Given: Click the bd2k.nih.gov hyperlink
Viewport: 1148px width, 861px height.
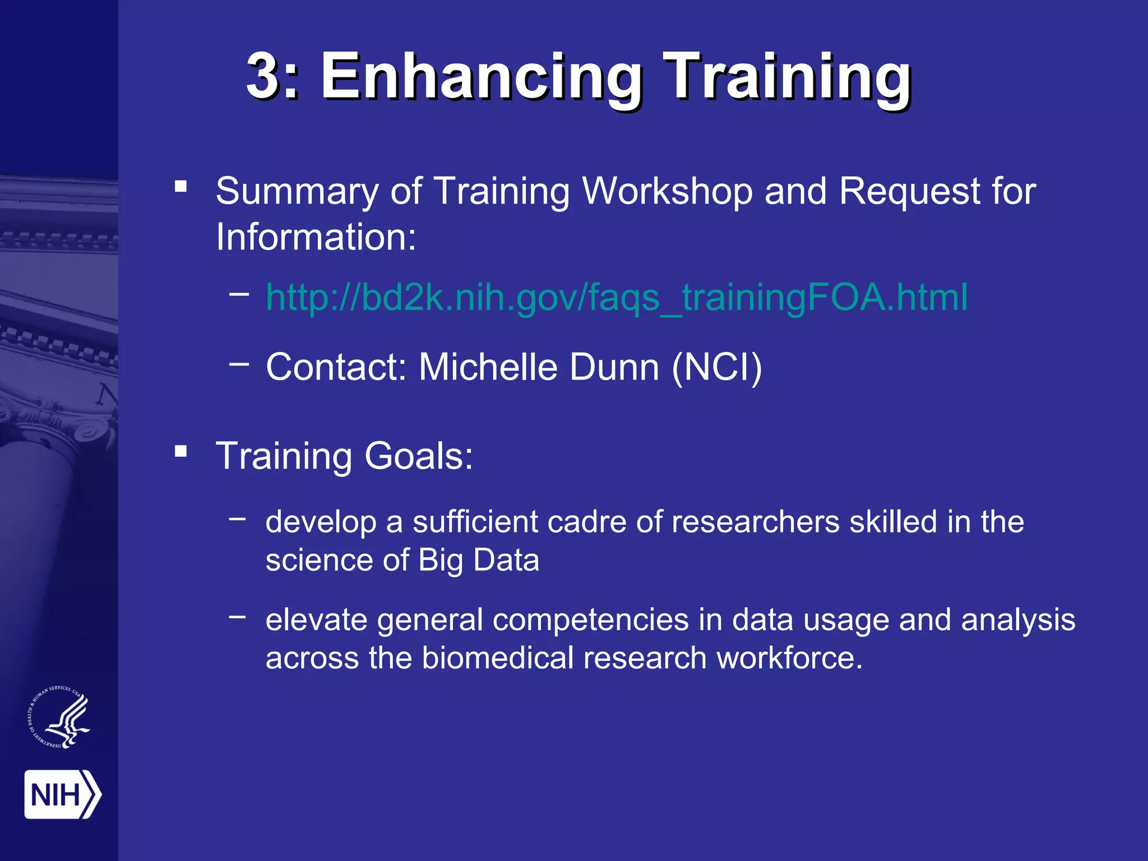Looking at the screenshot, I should click(x=617, y=297).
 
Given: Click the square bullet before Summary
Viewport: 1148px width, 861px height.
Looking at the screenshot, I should click(x=180, y=186).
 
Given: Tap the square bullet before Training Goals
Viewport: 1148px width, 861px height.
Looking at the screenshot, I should click(x=180, y=451).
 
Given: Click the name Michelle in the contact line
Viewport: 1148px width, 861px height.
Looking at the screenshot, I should click(x=488, y=367).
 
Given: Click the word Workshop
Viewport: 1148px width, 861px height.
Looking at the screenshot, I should click(x=667, y=191).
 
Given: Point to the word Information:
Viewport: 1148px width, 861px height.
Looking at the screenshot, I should click(x=316, y=237).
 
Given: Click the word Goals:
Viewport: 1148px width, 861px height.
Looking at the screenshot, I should click(x=418, y=456).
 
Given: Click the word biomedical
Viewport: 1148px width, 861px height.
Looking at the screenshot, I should click(x=497, y=658).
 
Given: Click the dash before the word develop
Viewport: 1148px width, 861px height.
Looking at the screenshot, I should click(x=237, y=519).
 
